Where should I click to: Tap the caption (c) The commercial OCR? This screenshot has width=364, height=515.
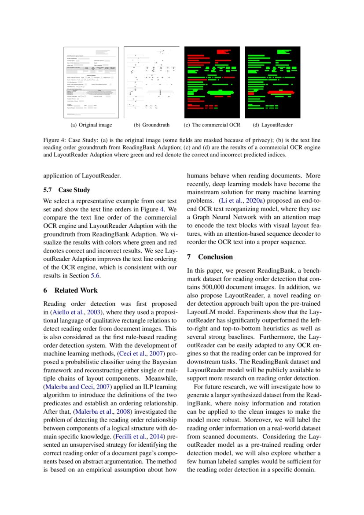pos(212,125)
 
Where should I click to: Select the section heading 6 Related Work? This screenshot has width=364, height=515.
pos(70,290)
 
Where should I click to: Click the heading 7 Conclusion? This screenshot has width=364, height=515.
pos(210,257)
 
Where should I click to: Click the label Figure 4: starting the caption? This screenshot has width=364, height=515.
pos(54,140)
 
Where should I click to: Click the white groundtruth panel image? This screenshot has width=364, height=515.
pos(151,82)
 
